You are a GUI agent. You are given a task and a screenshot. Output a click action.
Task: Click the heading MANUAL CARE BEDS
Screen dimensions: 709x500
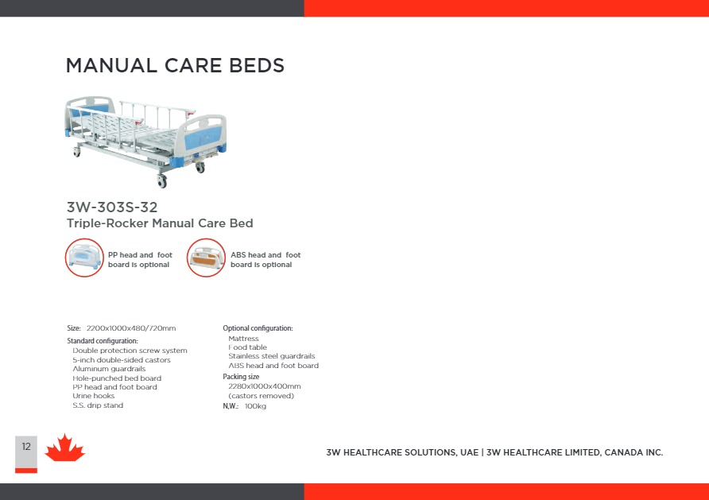click(175, 65)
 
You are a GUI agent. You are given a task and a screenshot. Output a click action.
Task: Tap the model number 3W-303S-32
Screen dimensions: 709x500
click(112, 207)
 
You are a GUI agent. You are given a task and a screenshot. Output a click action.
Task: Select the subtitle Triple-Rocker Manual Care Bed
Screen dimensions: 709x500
click(160, 223)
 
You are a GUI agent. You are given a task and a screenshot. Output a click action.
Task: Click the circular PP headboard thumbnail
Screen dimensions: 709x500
click(84, 258)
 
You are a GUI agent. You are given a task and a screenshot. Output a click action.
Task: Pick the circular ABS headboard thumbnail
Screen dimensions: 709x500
click(206, 258)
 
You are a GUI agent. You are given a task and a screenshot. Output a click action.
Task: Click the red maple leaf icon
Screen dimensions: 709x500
click(64, 448)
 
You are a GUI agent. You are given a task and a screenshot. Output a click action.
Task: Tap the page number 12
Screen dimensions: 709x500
click(26, 447)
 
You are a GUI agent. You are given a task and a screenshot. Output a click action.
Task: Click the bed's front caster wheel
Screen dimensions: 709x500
click(162, 181)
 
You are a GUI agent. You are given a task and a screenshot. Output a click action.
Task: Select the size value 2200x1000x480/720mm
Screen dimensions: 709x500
click(131, 328)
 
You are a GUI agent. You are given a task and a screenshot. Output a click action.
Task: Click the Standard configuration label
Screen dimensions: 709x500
click(103, 341)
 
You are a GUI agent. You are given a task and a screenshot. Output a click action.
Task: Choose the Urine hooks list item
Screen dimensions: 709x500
click(94, 396)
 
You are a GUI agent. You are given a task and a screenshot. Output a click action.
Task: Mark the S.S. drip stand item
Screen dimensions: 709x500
click(98, 405)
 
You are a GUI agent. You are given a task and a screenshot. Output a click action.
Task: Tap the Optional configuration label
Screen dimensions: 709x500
click(258, 328)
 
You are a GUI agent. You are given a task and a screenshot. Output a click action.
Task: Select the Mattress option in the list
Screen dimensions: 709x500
click(244, 339)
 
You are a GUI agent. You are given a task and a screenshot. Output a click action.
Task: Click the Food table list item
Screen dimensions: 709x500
click(248, 347)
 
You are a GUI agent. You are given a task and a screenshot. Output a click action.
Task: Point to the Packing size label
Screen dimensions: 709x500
click(241, 377)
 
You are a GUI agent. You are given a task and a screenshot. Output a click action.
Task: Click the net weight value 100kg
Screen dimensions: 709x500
click(255, 406)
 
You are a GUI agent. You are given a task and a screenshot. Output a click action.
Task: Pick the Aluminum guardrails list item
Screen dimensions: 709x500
click(109, 369)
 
